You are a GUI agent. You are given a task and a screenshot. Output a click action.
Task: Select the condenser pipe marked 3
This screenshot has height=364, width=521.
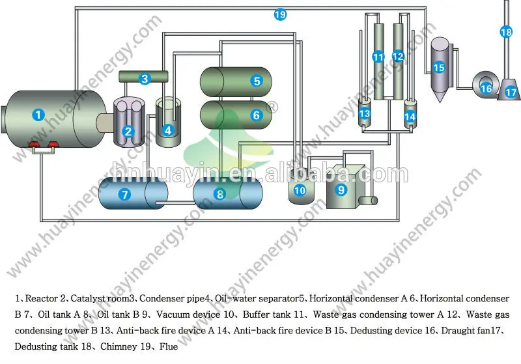tap(145, 79)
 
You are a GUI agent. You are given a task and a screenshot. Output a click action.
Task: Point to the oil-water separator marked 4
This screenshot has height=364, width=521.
tap(168, 130)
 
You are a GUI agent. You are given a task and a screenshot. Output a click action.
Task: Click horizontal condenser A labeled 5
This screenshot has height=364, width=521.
tap(257, 81)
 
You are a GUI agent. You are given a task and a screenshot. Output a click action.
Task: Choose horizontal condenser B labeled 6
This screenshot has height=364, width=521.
tap(256, 115)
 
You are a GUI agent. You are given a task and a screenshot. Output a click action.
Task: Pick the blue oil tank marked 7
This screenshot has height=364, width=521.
tap(124, 193)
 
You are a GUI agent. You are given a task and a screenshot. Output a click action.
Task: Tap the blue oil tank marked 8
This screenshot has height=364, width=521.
tap(219, 193)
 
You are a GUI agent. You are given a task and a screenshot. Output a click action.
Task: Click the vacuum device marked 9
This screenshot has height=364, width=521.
tap(340, 189)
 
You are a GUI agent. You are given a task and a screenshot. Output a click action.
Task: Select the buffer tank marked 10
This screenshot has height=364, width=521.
tap(300, 190)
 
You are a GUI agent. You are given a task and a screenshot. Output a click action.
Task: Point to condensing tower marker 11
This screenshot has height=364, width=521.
tap(378, 57)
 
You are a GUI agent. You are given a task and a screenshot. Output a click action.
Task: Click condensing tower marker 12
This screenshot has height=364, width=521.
tap(398, 57)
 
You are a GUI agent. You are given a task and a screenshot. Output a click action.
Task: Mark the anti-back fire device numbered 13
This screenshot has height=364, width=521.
tap(365, 114)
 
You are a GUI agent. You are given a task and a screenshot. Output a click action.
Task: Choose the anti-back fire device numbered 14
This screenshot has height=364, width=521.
tap(410, 117)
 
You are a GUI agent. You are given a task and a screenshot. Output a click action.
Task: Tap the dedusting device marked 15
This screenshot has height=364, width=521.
tap(439, 66)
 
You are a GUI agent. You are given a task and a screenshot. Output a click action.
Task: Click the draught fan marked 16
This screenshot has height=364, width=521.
tap(486, 87)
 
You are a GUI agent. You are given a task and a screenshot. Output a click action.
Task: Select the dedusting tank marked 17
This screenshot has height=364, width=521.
tap(511, 92)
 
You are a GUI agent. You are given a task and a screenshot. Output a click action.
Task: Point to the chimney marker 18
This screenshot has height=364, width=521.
tap(506, 31)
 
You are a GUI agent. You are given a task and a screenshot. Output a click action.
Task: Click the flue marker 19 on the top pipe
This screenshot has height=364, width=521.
tap(280, 14)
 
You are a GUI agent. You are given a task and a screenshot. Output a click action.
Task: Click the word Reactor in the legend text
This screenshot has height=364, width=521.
tap(40, 298)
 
